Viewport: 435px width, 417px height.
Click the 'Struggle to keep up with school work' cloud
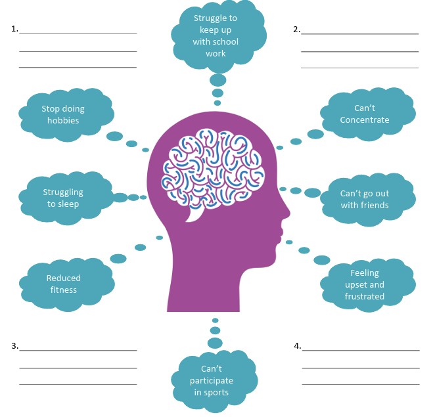(x=216, y=36)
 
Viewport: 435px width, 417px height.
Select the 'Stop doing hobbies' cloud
(x=63, y=115)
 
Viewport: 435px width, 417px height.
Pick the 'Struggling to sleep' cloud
(x=63, y=198)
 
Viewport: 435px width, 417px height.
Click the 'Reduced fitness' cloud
(x=63, y=284)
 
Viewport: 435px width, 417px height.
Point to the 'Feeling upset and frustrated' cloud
(x=365, y=284)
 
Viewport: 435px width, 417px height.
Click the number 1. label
(x=14, y=30)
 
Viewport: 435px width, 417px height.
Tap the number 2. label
(x=296, y=30)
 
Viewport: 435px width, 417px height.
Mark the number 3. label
(x=14, y=345)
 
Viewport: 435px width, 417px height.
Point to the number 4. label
(x=297, y=345)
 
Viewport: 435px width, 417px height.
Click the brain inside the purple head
(x=217, y=167)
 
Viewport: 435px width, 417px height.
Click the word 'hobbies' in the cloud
(x=63, y=121)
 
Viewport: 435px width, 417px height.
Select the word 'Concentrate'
(x=365, y=120)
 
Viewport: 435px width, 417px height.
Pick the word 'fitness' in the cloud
(x=63, y=290)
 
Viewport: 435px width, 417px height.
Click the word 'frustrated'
(x=365, y=296)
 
